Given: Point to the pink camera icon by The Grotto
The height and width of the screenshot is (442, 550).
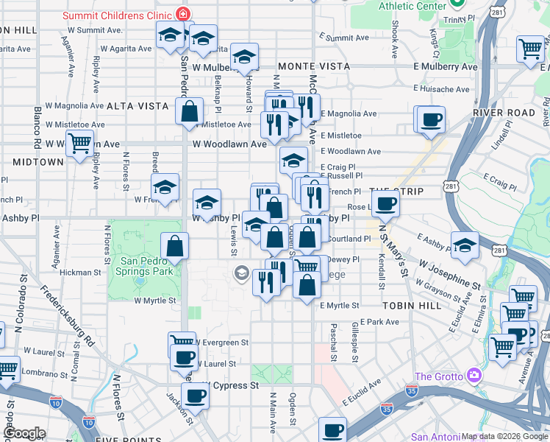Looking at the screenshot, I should pyautogui.click(x=474, y=376).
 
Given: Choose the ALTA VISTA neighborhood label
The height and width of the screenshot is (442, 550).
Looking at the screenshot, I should pyautogui.click(x=137, y=106).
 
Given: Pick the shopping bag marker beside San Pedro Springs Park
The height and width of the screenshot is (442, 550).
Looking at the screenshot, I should pyautogui.click(x=175, y=247).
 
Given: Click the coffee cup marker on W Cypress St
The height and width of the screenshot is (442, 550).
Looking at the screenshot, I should pyautogui.click(x=195, y=396).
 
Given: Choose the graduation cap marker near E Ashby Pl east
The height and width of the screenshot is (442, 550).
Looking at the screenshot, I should pyautogui.click(x=465, y=246).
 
